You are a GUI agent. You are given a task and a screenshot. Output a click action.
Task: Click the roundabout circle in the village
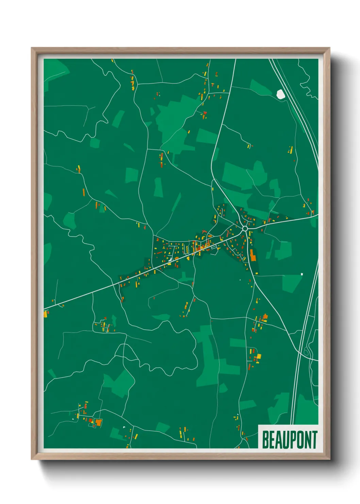[x=245, y=229]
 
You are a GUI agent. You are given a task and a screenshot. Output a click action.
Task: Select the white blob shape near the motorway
[x=281, y=94]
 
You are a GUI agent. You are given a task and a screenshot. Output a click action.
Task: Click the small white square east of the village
[x=302, y=274]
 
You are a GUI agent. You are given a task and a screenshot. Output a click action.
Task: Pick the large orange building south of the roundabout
[x=252, y=255]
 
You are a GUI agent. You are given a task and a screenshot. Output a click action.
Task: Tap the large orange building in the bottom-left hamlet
[x=99, y=422]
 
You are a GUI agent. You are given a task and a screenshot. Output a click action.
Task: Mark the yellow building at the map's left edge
[x=46, y=314]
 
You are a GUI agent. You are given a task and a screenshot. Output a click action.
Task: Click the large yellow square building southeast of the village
[x=259, y=357]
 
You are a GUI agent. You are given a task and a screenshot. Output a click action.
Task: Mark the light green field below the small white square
[x=292, y=283]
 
